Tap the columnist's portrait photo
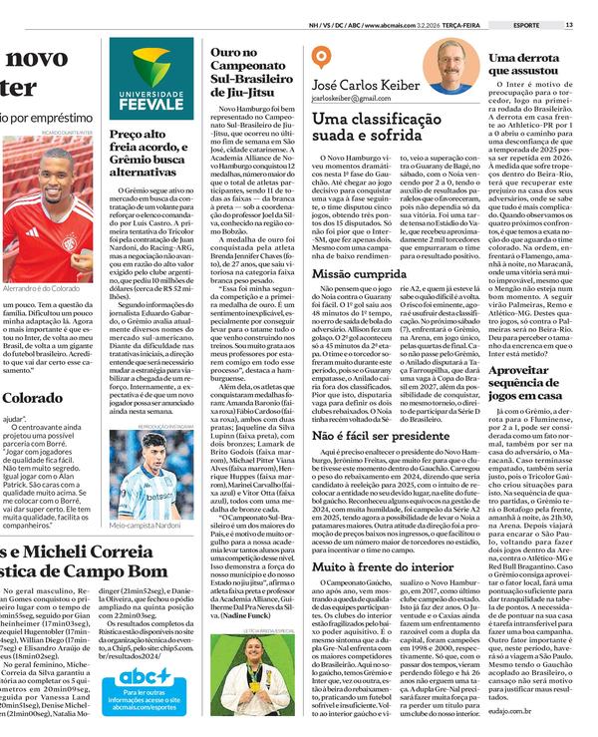pos(453,68)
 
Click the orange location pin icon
pos(320,59)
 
